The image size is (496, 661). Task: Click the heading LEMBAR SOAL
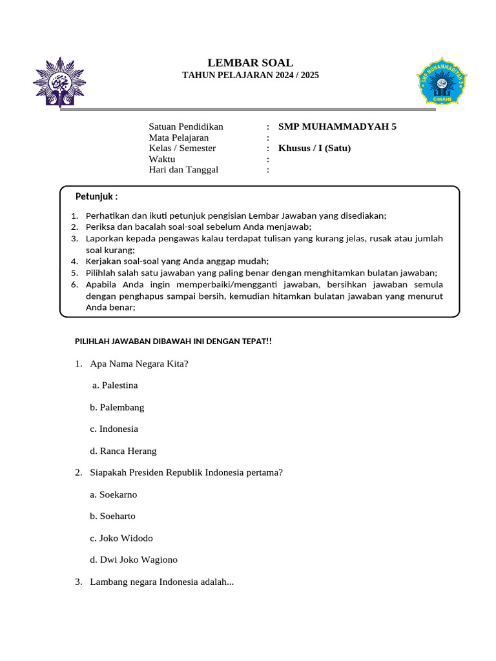coord(250,63)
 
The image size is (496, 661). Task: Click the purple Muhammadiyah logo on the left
coord(58,81)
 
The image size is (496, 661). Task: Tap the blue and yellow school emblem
coord(442,81)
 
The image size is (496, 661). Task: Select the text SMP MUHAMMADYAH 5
coord(337,127)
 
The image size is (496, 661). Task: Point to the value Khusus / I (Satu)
coord(315,148)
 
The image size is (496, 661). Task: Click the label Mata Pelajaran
coord(179,137)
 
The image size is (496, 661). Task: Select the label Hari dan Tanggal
coord(184,170)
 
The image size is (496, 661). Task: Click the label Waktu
coord(162,159)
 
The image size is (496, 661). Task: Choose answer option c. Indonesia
coord(114,429)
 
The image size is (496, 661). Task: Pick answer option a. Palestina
coord(115,385)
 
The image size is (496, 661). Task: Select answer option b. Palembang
coord(117,407)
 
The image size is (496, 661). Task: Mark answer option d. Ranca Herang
coord(123,451)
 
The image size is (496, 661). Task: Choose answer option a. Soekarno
coord(114,494)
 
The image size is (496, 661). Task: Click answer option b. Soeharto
coord(113,516)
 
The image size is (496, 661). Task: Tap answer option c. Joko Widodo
coord(121,538)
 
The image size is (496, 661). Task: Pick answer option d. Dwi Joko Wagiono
coord(134,560)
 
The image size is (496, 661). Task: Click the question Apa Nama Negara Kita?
coord(139,363)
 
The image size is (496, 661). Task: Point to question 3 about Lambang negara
coord(161,582)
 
